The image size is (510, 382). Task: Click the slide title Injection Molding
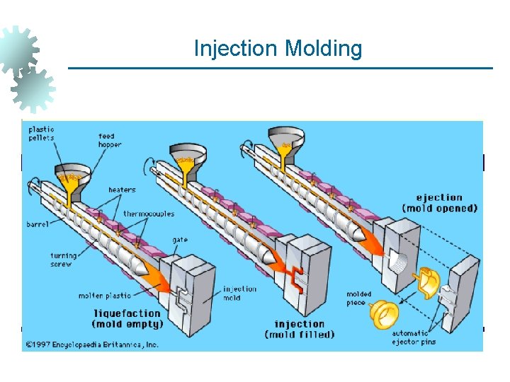[278, 49]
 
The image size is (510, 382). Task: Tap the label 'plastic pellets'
[41, 134]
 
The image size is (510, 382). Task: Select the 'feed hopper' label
[110, 140]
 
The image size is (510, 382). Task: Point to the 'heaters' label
[122, 190]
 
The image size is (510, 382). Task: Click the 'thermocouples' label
[149, 214]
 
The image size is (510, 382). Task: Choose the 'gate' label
[180, 240]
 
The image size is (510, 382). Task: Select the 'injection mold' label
[240, 293]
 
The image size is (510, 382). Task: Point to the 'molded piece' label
[359, 299]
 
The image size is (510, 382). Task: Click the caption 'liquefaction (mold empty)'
[127, 318]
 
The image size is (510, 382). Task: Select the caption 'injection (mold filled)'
[300, 329]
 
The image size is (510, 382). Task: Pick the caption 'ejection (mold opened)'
[439, 203]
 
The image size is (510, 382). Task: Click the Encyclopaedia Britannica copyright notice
[92, 345]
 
